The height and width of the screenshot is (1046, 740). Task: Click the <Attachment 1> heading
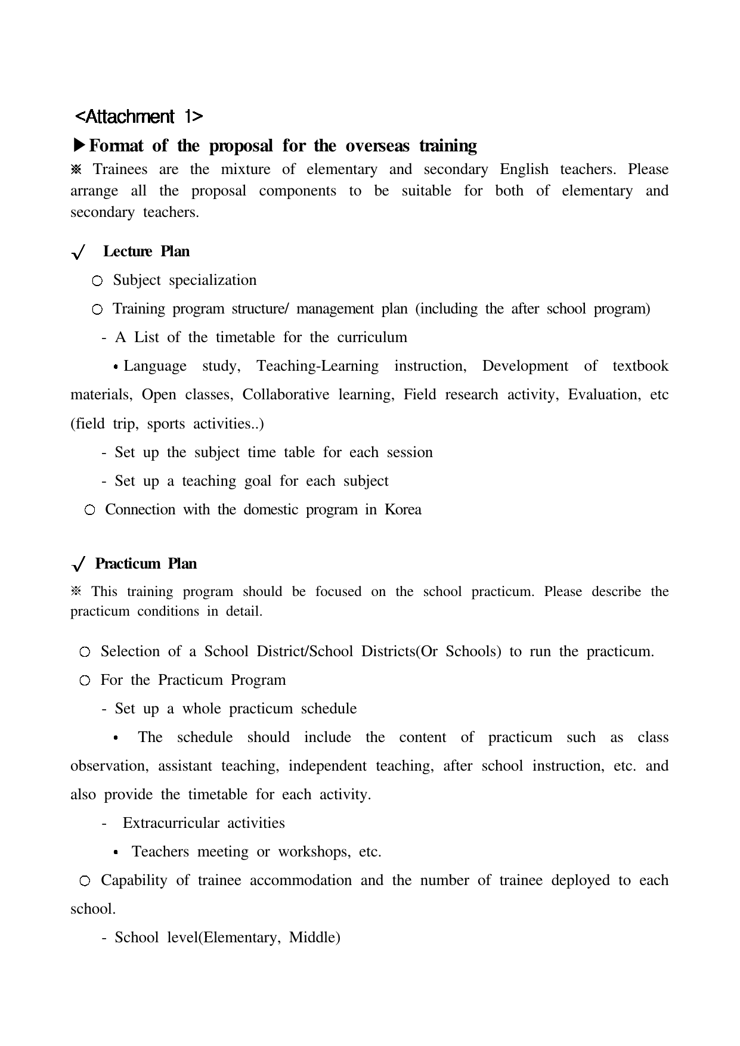140,116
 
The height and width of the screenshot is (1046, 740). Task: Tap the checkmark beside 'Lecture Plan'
78,253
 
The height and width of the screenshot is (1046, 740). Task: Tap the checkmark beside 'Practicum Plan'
78,564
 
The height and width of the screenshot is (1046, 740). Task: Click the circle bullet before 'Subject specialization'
98,281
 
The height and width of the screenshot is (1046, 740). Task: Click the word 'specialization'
213,280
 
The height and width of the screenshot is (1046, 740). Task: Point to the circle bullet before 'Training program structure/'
98,309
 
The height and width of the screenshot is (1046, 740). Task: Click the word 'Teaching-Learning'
317,366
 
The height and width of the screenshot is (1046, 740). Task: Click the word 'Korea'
403,510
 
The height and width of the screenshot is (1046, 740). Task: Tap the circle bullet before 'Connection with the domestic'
89,510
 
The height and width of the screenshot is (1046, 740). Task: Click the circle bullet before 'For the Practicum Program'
85,681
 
